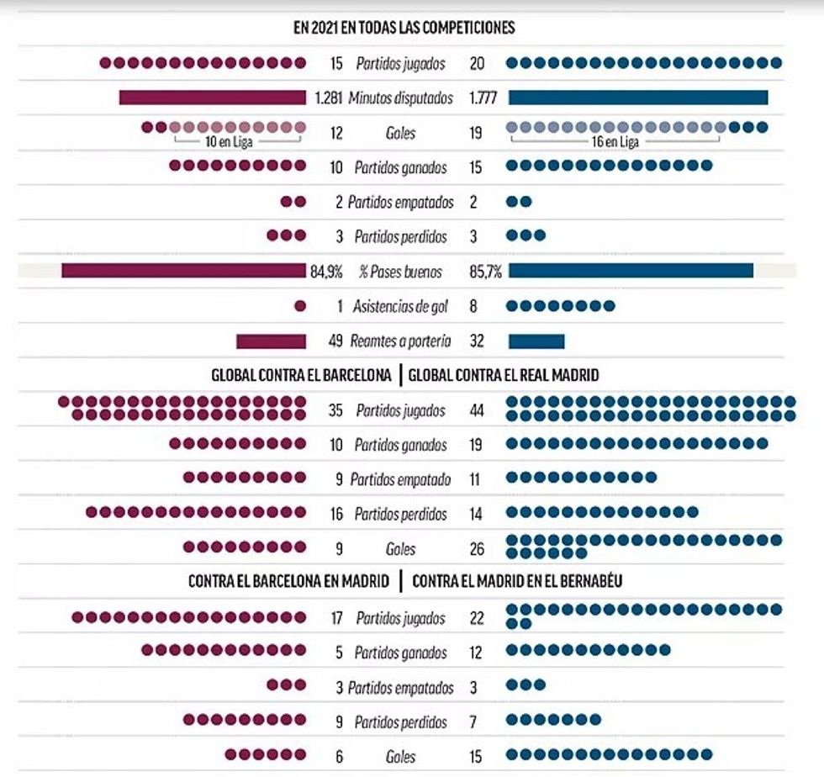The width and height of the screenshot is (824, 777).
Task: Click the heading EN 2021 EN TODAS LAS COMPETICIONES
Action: point(404,28)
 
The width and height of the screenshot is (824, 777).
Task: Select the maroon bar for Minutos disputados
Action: point(213,98)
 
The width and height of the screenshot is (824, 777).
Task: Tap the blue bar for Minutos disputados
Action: point(638,98)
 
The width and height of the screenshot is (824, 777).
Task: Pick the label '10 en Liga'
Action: point(229,142)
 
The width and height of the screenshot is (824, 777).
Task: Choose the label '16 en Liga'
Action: point(616,142)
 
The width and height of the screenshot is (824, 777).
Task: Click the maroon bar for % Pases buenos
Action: point(182,271)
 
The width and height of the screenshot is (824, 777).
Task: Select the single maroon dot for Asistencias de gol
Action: point(300,306)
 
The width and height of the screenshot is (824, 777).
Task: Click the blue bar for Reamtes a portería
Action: point(536,341)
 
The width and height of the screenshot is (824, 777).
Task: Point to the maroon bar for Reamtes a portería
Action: point(271,341)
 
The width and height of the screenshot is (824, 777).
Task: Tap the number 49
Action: point(335,341)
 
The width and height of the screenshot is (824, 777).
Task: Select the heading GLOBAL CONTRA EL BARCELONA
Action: point(301,376)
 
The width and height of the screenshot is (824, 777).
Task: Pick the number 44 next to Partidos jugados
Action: point(478,411)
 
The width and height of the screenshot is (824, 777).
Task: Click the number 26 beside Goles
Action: point(477,549)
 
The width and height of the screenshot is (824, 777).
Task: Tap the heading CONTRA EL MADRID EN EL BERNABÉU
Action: point(517,581)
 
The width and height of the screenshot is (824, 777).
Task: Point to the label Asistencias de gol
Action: point(400,307)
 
